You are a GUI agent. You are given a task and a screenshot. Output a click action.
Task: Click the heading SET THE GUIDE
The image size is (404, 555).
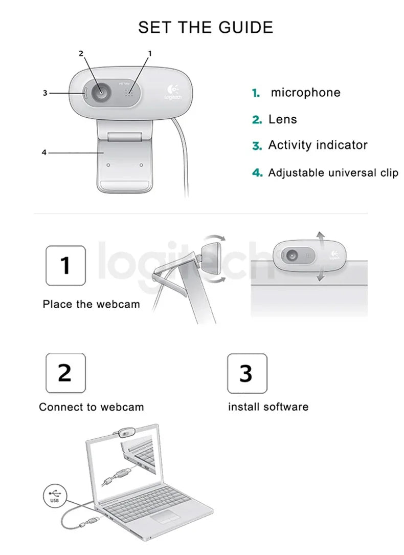[206, 27]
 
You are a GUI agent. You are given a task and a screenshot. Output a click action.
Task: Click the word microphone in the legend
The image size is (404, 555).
[305, 93]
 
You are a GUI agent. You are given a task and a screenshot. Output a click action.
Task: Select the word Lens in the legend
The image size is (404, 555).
[282, 120]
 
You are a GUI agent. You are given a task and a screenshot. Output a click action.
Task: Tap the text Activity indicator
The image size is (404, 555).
[318, 145]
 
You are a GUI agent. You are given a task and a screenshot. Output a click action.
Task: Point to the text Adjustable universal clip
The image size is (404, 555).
[333, 173]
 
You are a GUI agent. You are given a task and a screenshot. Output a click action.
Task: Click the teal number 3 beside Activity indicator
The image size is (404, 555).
[257, 146]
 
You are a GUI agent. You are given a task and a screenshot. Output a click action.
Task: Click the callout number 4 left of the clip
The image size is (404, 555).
[44, 153]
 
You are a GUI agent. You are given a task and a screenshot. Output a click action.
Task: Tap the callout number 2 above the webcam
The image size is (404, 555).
[81, 53]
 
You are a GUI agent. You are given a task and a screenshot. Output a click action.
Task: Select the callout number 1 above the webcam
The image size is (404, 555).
[150, 53]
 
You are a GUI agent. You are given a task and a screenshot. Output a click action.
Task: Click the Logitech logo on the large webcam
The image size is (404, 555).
[171, 92]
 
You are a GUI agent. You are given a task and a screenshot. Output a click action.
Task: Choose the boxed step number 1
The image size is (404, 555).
[65, 266]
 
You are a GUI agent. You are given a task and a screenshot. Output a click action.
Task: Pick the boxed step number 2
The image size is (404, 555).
[65, 373]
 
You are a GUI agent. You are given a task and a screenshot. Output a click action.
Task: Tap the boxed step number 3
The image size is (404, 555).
[247, 373]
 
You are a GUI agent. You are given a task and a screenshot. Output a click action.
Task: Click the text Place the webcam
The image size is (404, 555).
[91, 305]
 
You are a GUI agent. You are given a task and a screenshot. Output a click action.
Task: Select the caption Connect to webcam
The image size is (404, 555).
[91, 408]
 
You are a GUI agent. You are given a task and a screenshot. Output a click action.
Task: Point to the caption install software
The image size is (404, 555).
[268, 408]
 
